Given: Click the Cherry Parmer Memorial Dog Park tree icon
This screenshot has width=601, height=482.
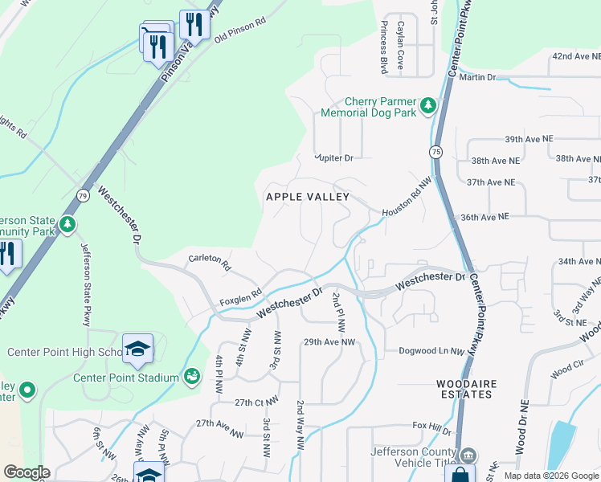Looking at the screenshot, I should pyautogui.click(x=429, y=104).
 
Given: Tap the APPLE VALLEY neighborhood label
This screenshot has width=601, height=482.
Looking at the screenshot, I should pyautogui.click(x=308, y=197).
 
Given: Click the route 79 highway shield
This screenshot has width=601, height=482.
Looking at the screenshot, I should pyautogui.click(x=83, y=195).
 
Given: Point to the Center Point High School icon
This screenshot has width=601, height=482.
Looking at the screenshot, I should pyautogui.click(x=137, y=348).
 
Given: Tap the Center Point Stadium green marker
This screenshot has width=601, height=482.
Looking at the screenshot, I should pyautogui.click(x=192, y=376).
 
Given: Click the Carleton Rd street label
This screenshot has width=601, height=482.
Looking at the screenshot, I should pyautogui.click(x=210, y=262).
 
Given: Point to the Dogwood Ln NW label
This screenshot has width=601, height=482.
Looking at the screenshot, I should pyautogui.click(x=432, y=351).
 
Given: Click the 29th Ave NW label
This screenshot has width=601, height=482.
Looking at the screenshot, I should pyautogui.click(x=329, y=342).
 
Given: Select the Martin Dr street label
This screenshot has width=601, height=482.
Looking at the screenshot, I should pyautogui.click(x=479, y=77).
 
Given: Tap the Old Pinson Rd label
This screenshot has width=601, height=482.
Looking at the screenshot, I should pyautogui.click(x=239, y=32).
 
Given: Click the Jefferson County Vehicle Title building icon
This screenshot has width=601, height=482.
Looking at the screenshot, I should pyautogui.click(x=469, y=455).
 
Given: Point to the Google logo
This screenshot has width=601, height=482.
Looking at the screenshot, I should pyautogui.click(x=27, y=472).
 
